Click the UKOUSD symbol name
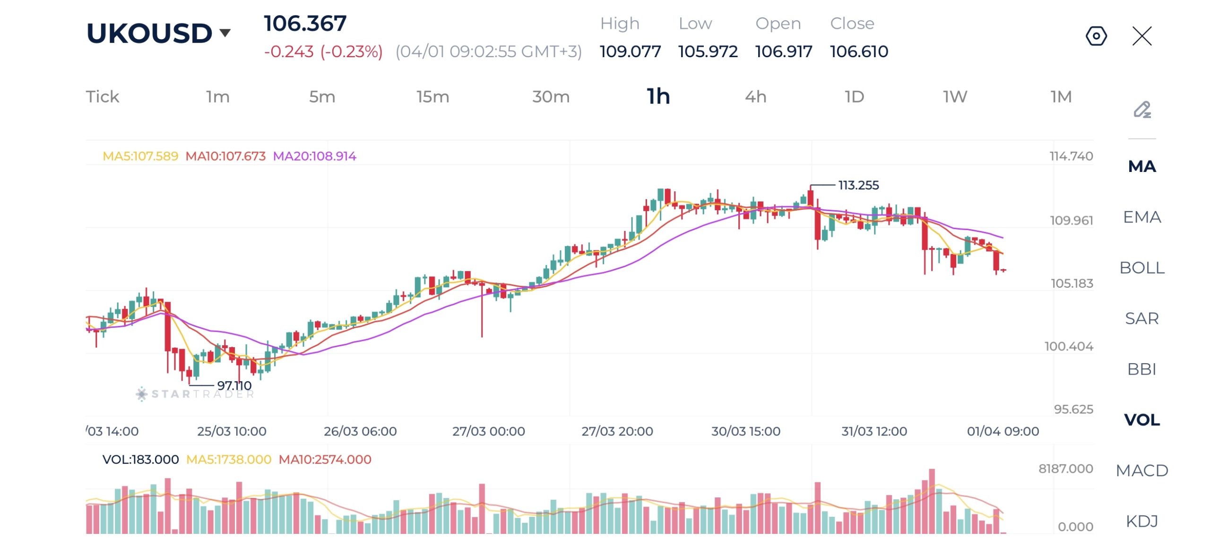tap(149, 33)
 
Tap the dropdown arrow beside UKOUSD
tap(225, 33)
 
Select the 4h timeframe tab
tap(755, 97)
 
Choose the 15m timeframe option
tap(432, 97)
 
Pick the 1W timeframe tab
tap(955, 97)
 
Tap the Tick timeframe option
tap(103, 97)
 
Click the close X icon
tap(1142, 36)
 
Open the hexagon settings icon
tap(1096, 36)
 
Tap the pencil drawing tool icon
tap(1142, 110)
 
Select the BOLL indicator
tap(1142, 268)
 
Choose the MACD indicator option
tap(1142, 470)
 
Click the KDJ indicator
tap(1142, 521)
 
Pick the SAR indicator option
tap(1142, 318)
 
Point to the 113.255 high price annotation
tap(858, 185)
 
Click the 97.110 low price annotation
tap(234, 386)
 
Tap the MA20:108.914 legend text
tap(314, 156)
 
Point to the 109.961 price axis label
tap(1071, 221)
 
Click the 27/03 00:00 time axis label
tap(488, 431)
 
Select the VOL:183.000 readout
tap(140, 460)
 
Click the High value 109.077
tap(630, 51)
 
